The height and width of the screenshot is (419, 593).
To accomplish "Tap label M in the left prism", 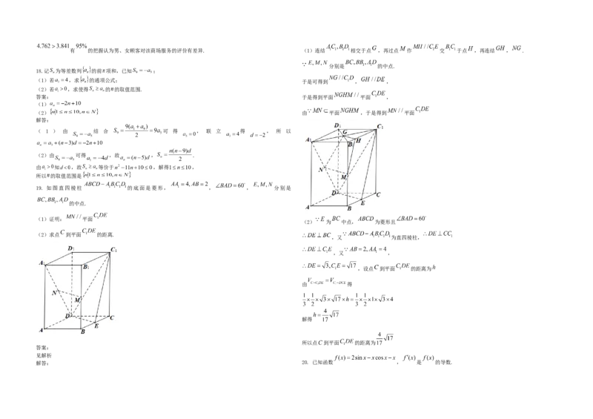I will tap(77, 299).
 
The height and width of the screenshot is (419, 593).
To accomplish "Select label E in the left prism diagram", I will tap(97, 326).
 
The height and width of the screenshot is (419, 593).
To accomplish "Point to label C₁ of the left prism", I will tap(115, 250).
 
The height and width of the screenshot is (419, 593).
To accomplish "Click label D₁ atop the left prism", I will tap(71, 247).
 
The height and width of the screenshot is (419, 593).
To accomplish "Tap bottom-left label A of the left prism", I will tap(42, 330).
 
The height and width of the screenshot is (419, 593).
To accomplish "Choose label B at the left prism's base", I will tap(83, 333).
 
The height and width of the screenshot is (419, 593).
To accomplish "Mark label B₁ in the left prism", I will tap(87, 265).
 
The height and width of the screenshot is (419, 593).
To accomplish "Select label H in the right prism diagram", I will tap(358, 139).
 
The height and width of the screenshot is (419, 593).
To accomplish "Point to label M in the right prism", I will tap(343, 176).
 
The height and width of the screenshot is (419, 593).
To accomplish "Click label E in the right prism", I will tap(362, 202).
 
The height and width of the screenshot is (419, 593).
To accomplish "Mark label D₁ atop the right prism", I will tap(337, 125).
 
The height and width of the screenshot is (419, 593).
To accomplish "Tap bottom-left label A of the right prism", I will tap(308, 208).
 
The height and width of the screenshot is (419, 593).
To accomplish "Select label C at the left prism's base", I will tap(111, 317).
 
